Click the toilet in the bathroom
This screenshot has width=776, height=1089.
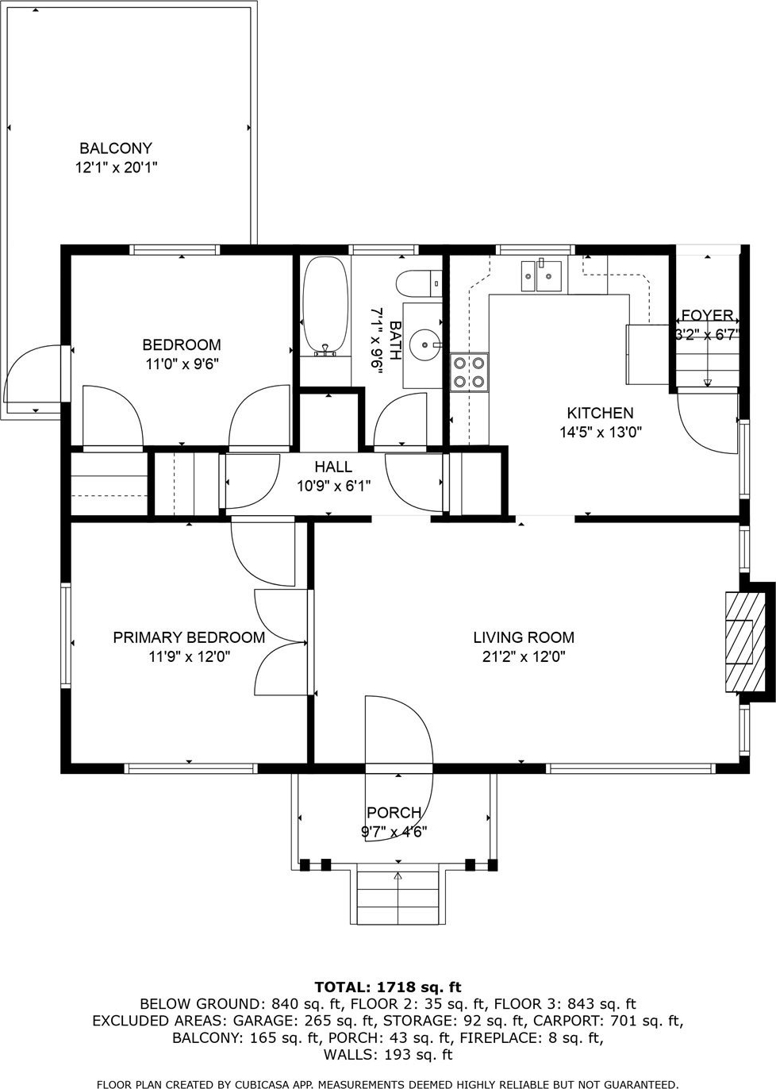tap(418, 283)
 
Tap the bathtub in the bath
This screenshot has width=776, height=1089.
tap(325, 306)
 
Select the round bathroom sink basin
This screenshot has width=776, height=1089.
tap(424, 344)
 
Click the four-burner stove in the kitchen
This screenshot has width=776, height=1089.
tap(469, 372)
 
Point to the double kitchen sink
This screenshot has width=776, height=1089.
tap(541, 275)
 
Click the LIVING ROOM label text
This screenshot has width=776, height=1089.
tap(524, 637)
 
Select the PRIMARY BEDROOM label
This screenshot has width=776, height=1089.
tap(189, 637)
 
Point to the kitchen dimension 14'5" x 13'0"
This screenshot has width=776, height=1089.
tap(601, 432)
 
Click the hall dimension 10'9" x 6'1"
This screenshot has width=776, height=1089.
tap(334, 485)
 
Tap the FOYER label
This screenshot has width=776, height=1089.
tap(707, 315)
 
